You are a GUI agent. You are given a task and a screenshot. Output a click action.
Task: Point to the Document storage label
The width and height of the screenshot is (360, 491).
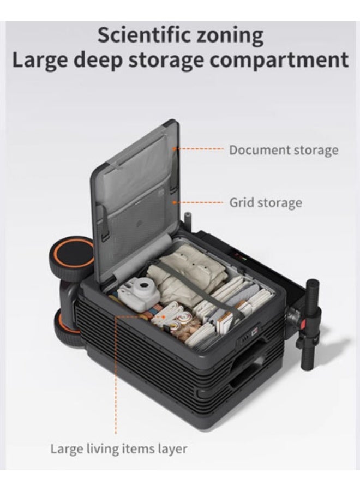(x=284, y=150)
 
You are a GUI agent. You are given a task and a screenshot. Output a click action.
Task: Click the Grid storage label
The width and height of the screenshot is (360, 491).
(x=265, y=203)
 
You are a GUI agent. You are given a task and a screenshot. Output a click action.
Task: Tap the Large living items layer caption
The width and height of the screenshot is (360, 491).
(x=119, y=449)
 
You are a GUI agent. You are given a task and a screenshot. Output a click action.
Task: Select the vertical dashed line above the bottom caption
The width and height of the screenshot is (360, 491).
(x=116, y=376)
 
